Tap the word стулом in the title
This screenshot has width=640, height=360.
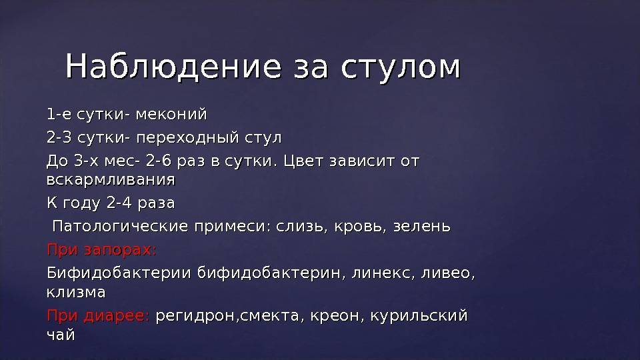tap(401, 67)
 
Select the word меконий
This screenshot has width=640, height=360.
tap(171, 114)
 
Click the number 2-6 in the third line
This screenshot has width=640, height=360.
tap(159, 161)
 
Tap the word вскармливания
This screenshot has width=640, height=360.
tap(111, 179)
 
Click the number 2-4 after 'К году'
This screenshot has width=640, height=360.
tap(119, 203)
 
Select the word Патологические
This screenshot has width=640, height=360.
tap(120, 226)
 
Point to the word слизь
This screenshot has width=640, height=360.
tap(301, 226)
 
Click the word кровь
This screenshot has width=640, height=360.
tap(360, 226)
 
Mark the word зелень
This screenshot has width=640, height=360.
tap(421, 226)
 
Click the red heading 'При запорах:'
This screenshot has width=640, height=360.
tap(101, 249)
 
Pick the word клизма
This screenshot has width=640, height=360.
tap(76, 292)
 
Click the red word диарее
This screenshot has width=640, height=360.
tap(117, 315)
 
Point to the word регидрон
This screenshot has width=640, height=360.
tap(195, 316)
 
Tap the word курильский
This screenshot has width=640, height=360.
tap(419, 315)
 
